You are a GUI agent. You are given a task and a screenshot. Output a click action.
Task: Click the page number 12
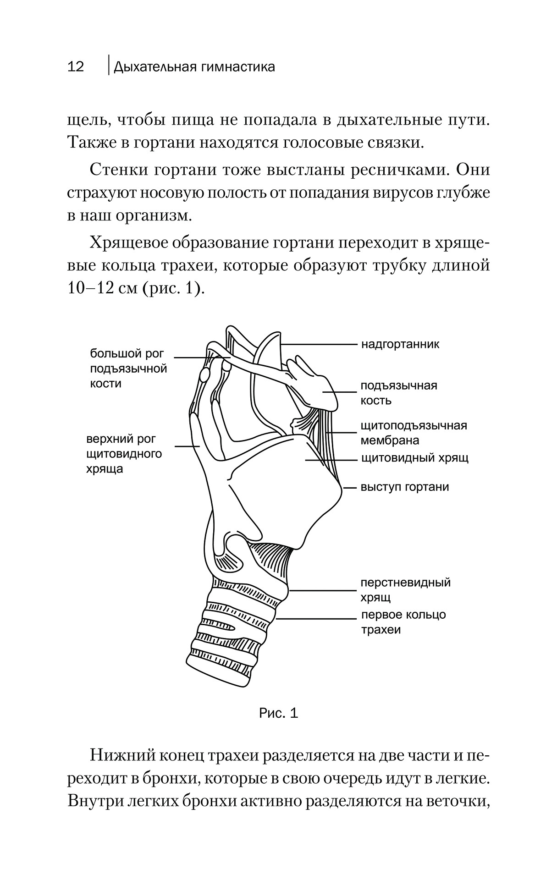click(76, 67)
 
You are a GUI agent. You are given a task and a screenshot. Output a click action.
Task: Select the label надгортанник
click(400, 344)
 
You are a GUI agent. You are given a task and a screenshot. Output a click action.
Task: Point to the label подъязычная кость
click(398, 393)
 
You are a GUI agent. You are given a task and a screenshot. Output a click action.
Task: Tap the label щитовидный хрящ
click(414, 458)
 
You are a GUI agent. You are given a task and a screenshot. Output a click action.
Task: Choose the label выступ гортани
click(405, 487)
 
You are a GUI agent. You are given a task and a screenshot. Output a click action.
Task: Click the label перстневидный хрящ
click(405, 590)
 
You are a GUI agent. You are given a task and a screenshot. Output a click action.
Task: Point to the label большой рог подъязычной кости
click(128, 368)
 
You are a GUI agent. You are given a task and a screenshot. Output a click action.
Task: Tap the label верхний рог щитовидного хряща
click(124, 454)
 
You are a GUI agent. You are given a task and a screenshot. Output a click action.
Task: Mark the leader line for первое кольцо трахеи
click(316, 619)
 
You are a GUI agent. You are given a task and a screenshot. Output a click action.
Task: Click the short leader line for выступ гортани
click(350, 488)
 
